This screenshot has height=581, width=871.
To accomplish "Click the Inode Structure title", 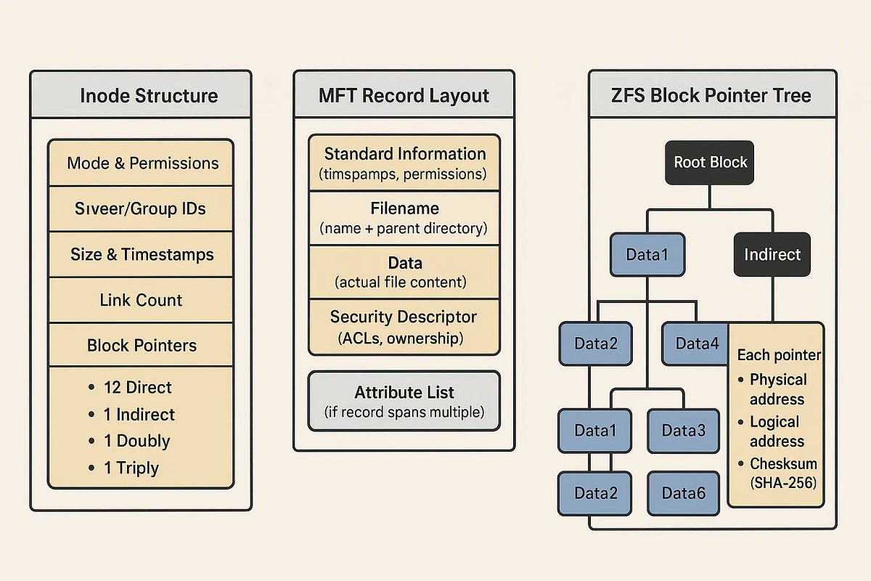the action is click(149, 96).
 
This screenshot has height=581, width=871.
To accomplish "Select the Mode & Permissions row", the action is click(141, 163).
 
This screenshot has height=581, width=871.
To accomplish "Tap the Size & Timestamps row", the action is click(141, 254).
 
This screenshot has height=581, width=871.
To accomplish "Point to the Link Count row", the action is click(141, 300).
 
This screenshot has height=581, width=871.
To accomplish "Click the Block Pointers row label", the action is click(142, 345).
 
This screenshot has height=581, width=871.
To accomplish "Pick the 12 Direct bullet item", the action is click(130, 387).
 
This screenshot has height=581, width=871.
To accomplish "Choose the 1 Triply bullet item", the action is click(123, 468).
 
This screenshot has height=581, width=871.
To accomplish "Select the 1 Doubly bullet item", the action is click(129, 441).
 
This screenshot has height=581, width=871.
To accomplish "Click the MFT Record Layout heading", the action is click(404, 96).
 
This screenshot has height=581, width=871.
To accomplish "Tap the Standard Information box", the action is click(404, 163).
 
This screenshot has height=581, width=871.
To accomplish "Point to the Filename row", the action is click(404, 218).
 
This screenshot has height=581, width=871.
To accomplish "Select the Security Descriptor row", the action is click(404, 328).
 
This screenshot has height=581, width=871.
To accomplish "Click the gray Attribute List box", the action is click(404, 401).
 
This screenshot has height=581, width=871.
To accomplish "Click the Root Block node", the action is click(710, 163).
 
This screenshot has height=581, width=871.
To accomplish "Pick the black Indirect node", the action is click(772, 254).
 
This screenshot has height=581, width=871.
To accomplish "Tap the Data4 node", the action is click(695, 344).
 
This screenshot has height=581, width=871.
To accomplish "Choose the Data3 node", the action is click(684, 431).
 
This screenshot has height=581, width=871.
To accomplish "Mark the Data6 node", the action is click(684, 493).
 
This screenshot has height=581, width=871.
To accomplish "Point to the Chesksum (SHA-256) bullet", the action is click(777, 474).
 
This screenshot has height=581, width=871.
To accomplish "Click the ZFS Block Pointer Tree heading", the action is click(711, 96).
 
